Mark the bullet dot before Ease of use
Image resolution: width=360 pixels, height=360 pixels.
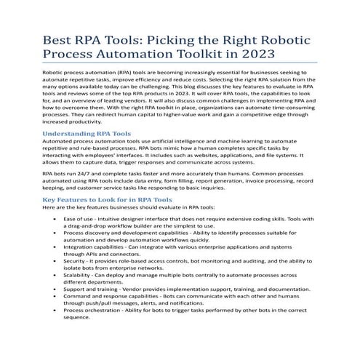(56, 218)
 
